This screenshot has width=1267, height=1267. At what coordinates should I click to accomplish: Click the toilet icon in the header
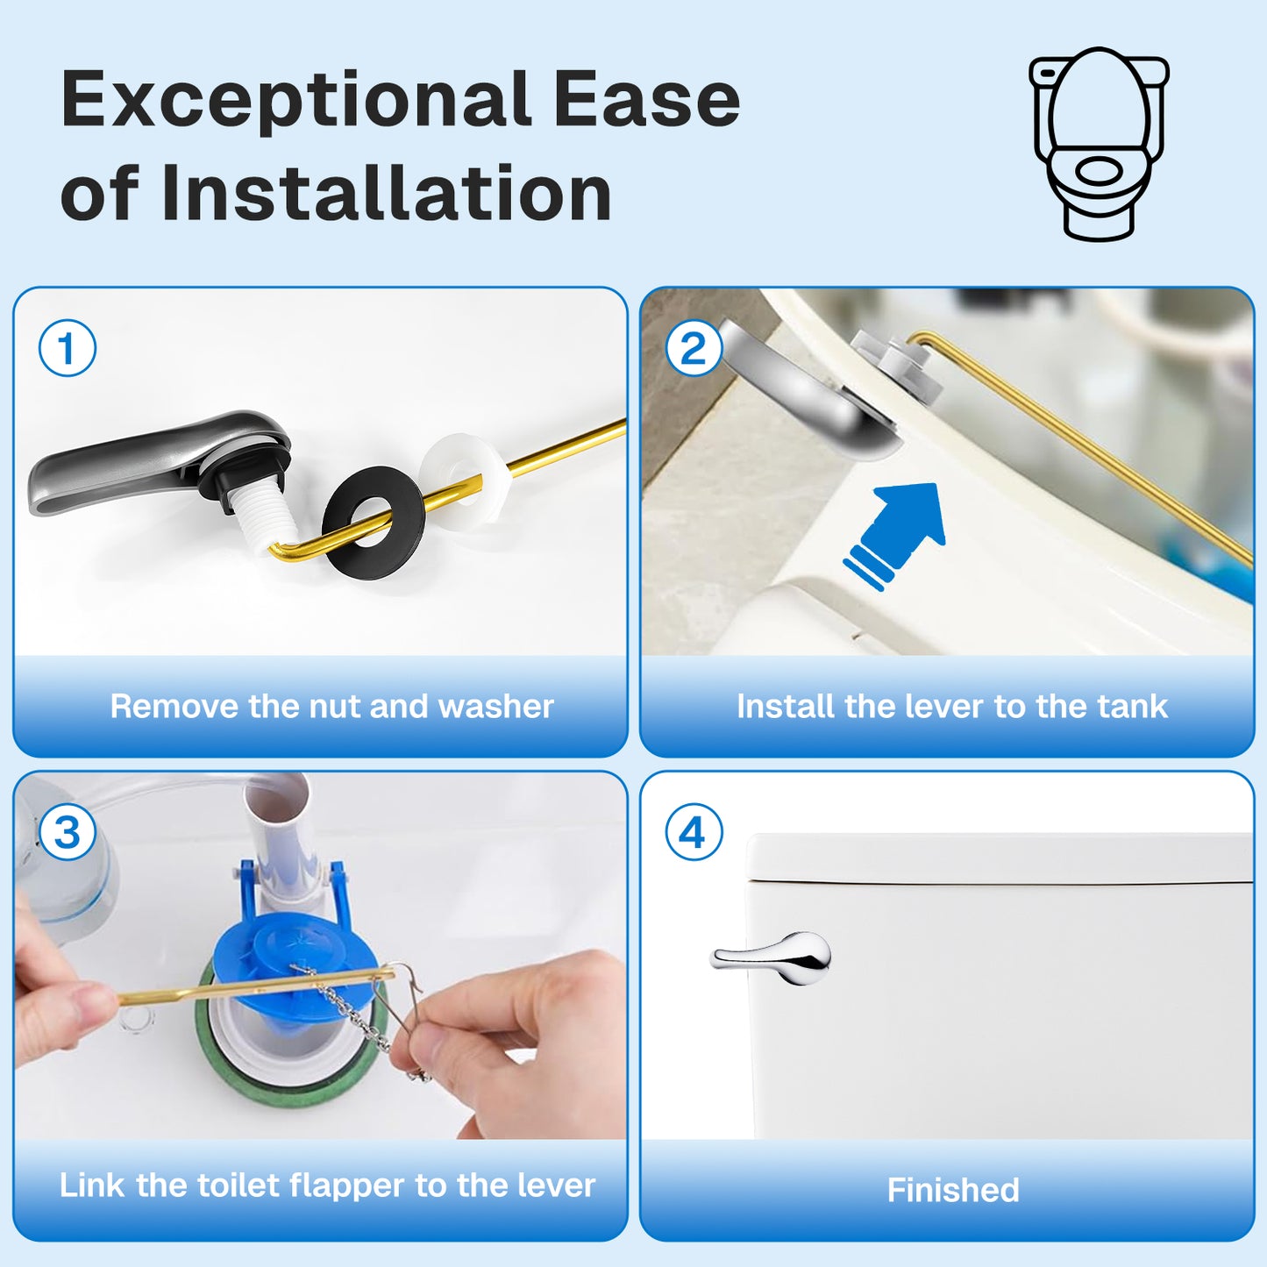pyautogui.click(x=1099, y=143)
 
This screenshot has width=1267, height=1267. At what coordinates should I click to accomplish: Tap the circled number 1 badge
pyautogui.click(x=68, y=348)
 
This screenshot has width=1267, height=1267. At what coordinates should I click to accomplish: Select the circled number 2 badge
pyautogui.click(x=694, y=348)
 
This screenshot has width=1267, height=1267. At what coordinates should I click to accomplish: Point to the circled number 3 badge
pyautogui.click(x=68, y=832)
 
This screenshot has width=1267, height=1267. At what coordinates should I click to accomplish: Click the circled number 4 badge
pyautogui.click(x=694, y=832)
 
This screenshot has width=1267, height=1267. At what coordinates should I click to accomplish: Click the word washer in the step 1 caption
pyautogui.click(x=495, y=707)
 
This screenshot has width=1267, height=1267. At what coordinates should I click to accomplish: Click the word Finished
pyautogui.click(x=953, y=1190)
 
